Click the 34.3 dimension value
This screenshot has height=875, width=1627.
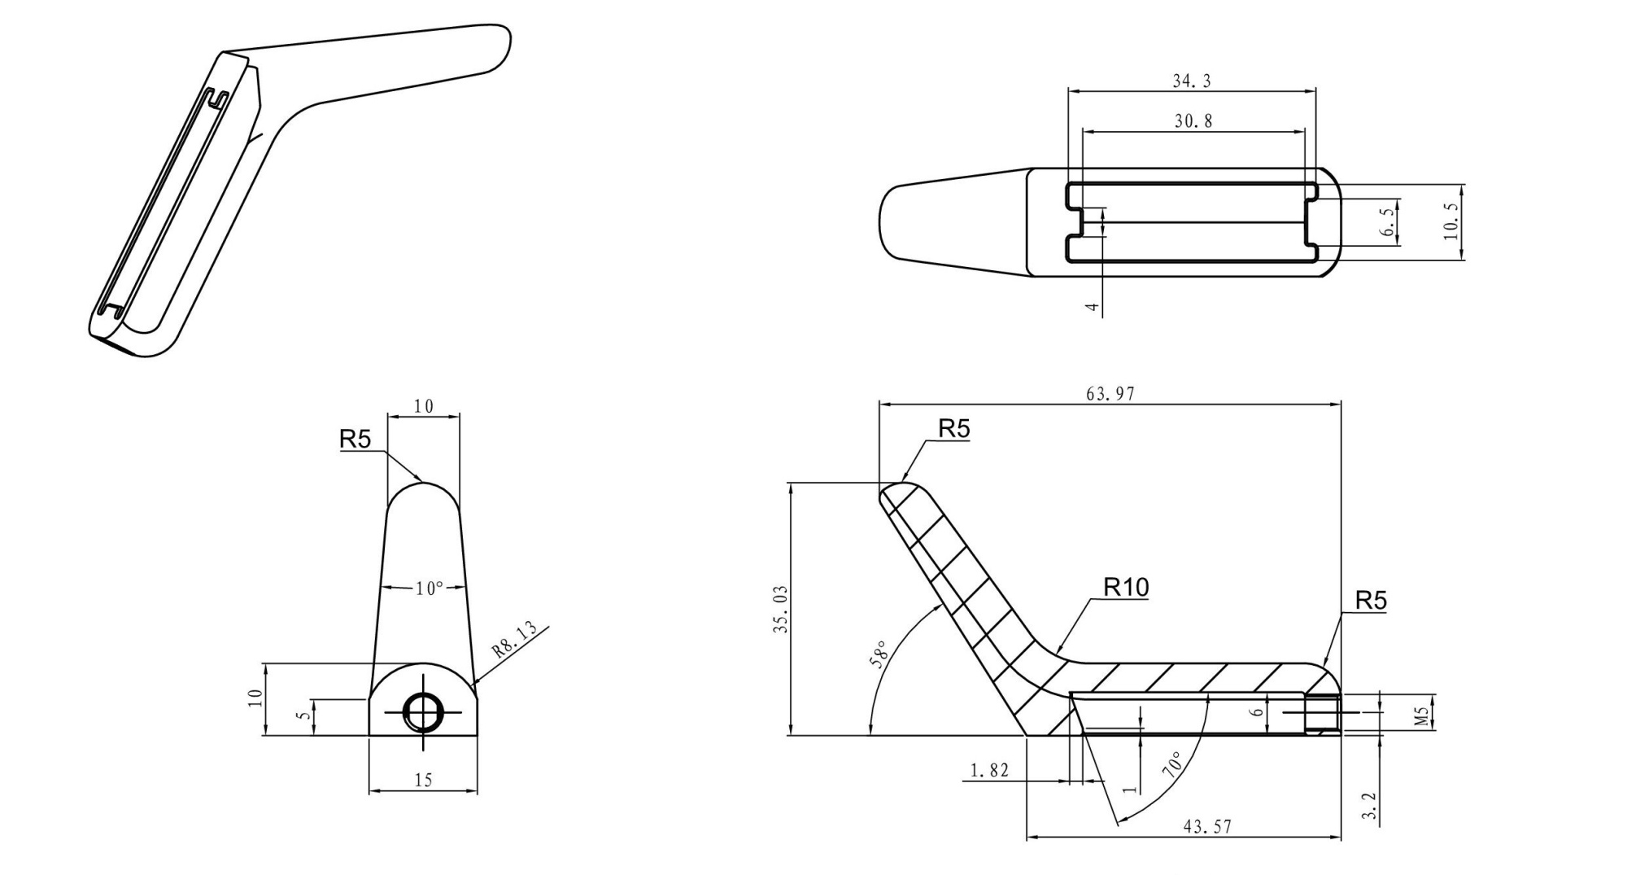click(1191, 81)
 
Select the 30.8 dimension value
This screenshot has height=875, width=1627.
click(1193, 121)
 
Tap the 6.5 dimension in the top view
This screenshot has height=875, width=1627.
click(1388, 221)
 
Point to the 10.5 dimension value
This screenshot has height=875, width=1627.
click(1450, 221)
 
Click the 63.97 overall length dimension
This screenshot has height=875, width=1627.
click(1110, 394)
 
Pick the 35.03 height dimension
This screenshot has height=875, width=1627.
click(781, 609)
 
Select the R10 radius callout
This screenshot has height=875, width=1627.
click(1126, 587)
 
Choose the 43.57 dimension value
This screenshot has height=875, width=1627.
click(1207, 827)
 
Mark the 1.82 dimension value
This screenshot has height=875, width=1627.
click(989, 770)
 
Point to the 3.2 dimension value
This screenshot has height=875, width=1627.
click(1368, 806)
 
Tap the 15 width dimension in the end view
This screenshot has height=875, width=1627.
click(423, 780)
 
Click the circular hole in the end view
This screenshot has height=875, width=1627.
click(423, 713)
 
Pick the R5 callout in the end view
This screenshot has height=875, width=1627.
click(355, 440)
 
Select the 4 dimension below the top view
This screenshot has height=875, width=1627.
click(1093, 308)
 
